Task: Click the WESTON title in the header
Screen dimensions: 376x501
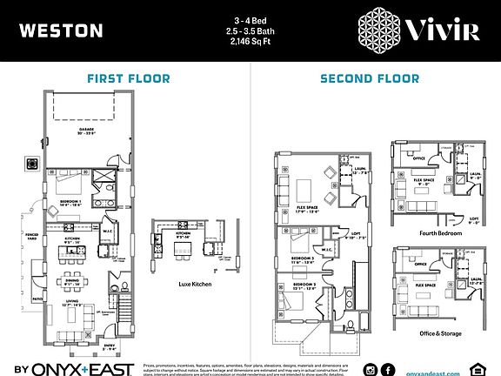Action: point(60,31)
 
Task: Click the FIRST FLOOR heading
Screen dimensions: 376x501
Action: point(128,79)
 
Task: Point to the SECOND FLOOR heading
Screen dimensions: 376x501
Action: point(370,79)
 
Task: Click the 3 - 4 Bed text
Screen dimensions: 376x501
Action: point(250,20)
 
